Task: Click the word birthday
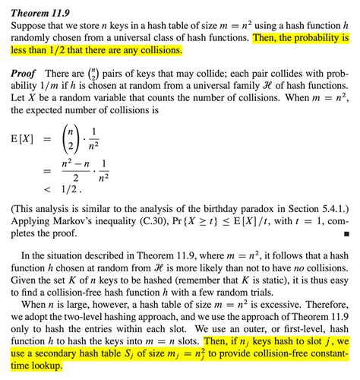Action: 229,205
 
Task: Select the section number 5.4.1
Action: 331,205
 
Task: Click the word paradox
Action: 268,205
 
